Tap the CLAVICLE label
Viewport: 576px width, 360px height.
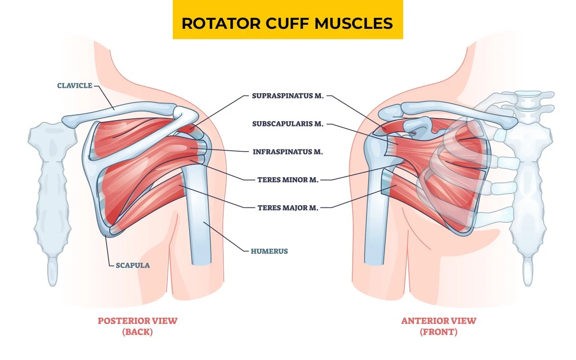[x=74, y=85]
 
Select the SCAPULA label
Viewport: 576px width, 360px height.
[x=133, y=265]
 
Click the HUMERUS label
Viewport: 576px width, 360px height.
[x=269, y=251]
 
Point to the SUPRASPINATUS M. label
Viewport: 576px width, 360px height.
[x=288, y=96]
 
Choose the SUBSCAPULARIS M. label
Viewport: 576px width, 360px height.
[x=288, y=124]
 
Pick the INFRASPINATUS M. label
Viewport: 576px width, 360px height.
[x=288, y=152]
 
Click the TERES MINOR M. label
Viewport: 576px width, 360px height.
[x=288, y=180]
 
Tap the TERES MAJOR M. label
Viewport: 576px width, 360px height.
[x=288, y=208]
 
